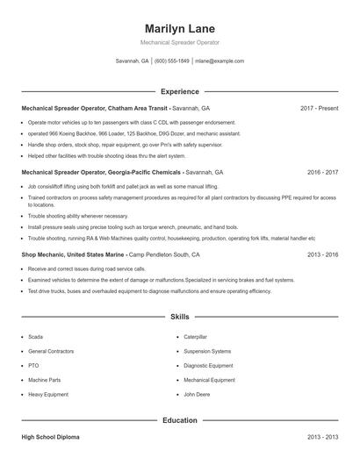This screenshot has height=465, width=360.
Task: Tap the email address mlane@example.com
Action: [x=220, y=61]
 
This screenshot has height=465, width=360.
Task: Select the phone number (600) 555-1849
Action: [x=171, y=61]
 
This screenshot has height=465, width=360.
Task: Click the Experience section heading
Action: [x=179, y=91]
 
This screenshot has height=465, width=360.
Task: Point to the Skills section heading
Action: [x=179, y=317]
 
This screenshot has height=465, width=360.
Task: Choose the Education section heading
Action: [x=179, y=420]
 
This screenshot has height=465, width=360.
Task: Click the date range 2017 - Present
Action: [x=319, y=108]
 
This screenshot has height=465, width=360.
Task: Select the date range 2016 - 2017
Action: [x=322, y=173]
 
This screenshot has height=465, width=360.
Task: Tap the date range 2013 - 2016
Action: [x=322, y=254]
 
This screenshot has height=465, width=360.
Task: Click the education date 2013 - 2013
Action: [x=322, y=436]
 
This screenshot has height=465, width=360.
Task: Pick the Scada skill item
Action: [x=35, y=336]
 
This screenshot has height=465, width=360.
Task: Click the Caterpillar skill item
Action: [x=195, y=336]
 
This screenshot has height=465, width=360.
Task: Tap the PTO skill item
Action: [x=33, y=365]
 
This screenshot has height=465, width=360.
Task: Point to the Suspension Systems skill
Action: [x=207, y=351]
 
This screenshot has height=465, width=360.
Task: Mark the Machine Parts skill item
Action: [x=44, y=380]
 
